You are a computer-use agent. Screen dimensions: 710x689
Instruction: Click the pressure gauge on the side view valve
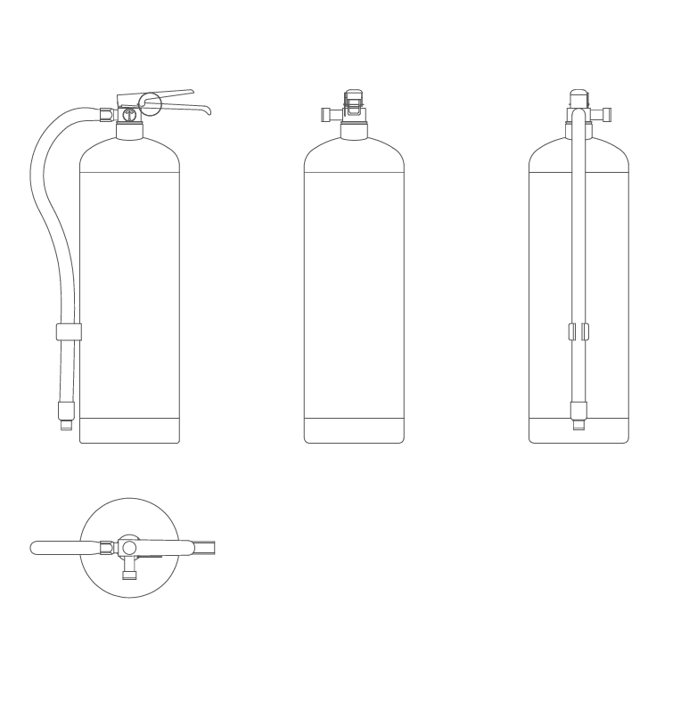click(x=130, y=112)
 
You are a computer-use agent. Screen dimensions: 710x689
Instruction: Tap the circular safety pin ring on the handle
click(x=150, y=103)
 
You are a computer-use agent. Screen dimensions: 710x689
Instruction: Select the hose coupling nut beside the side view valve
click(x=106, y=114)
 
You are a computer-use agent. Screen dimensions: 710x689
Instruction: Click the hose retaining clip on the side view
click(x=69, y=332)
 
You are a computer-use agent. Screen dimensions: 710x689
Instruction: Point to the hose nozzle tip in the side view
click(x=65, y=425)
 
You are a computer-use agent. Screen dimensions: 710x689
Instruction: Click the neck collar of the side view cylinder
click(x=130, y=131)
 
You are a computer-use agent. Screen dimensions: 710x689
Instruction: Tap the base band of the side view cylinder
click(x=130, y=430)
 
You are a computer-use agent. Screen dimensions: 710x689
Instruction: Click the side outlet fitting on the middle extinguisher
click(x=326, y=114)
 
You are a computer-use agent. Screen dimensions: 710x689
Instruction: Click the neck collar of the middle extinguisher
click(x=354, y=131)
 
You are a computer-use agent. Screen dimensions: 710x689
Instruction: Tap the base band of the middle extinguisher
click(x=354, y=430)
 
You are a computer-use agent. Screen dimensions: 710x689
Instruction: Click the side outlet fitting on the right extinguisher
click(x=604, y=114)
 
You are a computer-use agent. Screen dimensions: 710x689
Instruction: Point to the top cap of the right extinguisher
click(x=578, y=94)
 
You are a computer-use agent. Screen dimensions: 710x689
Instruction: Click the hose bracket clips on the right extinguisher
click(x=578, y=332)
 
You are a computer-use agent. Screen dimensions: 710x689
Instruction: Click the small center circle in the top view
click(x=129, y=547)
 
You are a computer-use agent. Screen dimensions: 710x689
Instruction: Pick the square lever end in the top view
click(x=205, y=547)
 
